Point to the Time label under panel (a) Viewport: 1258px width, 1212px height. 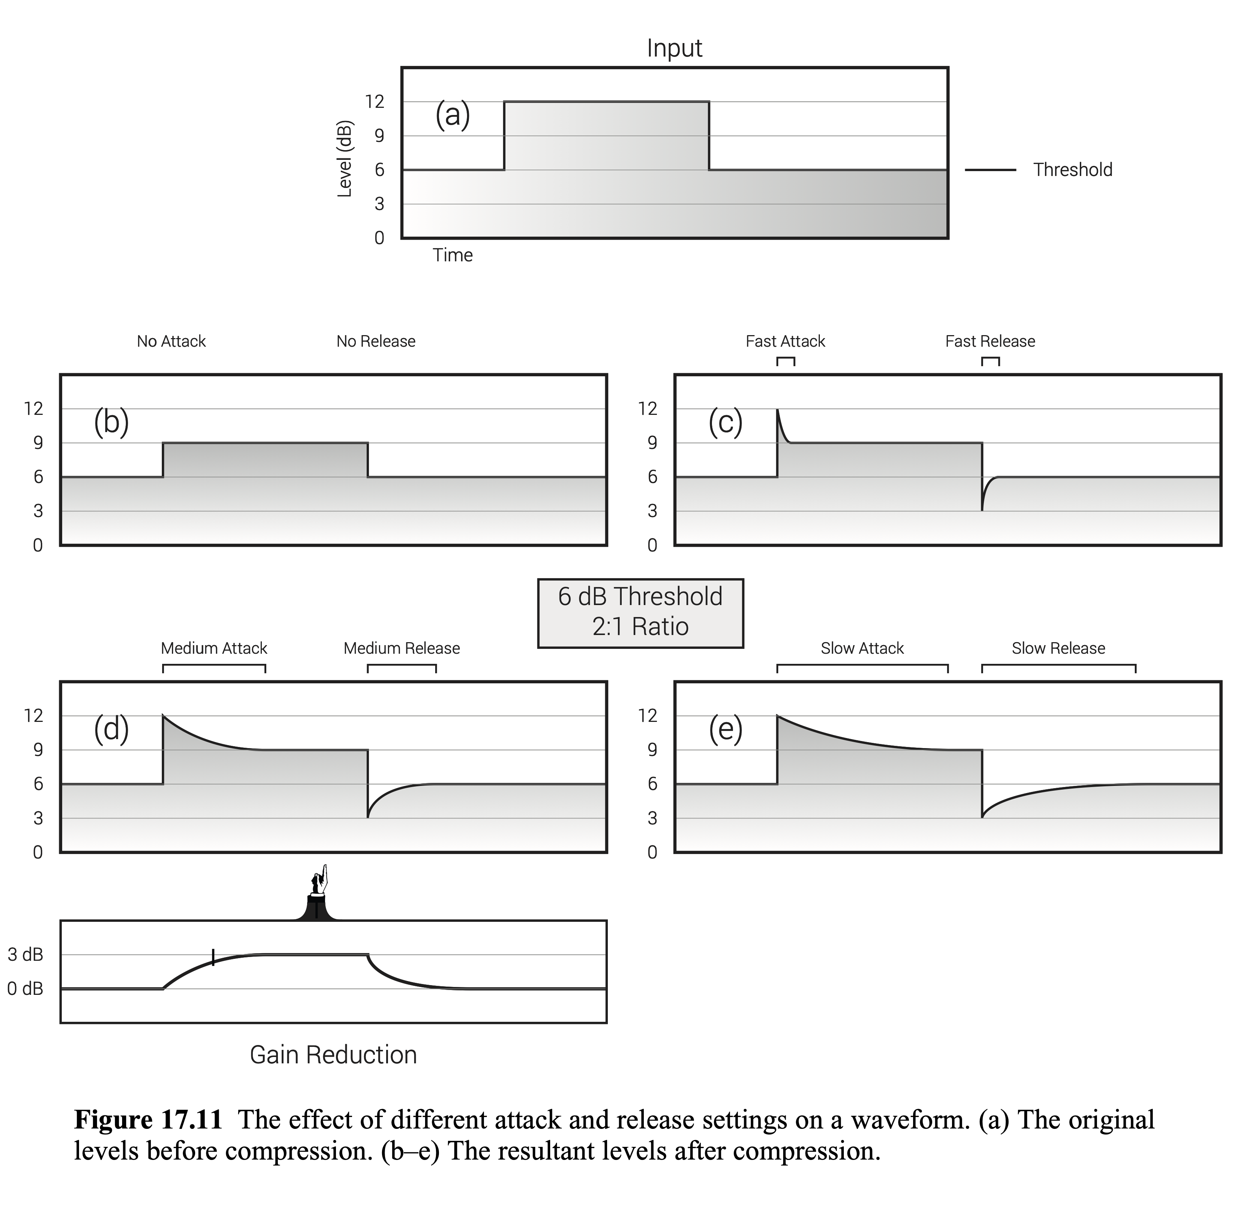[x=452, y=255]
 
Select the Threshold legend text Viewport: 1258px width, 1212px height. [x=1073, y=170]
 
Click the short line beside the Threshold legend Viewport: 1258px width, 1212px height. [x=990, y=170]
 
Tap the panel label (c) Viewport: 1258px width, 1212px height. [x=725, y=422]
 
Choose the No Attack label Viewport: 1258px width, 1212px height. [x=172, y=341]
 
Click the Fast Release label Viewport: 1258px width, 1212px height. [x=990, y=341]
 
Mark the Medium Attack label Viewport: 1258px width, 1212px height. [x=214, y=648]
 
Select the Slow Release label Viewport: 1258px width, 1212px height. [x=1058, y=648]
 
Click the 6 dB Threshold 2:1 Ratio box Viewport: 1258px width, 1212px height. [x=640, y=613]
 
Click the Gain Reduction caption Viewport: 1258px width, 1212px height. [x=333, y=1055]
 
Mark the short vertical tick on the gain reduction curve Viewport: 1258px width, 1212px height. [x=213, y=957]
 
